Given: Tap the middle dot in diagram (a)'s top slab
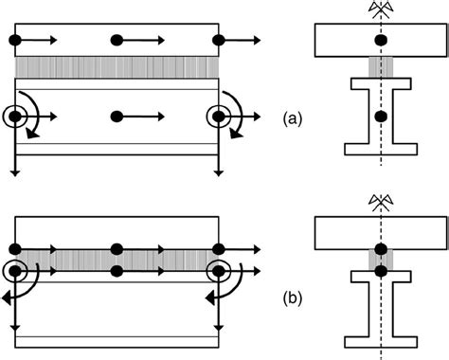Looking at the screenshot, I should tap(117, 41).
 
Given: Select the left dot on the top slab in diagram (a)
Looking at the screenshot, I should tap(14, 41).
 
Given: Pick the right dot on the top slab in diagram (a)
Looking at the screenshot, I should tap(219, 41).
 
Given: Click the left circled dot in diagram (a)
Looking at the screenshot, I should tap(15, 117).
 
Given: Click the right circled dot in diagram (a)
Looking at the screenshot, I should tap(219, 117).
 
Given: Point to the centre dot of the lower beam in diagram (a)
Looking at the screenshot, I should tap(117, 117).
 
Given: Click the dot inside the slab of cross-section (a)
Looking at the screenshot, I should tap(381, 41).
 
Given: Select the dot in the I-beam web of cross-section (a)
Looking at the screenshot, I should tap(381, 117).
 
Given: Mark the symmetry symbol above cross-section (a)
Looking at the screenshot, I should tap(381, 9).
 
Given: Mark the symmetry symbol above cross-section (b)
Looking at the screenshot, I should tap(381, 201).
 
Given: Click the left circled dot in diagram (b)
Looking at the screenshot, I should tap(15, 271).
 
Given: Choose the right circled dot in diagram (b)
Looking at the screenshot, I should tap(219, 271).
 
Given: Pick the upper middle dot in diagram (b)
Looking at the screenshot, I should tap(117, 249).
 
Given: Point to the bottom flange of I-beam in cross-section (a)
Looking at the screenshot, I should tap(381, 150).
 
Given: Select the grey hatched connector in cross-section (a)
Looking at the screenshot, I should tap(381, 68).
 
